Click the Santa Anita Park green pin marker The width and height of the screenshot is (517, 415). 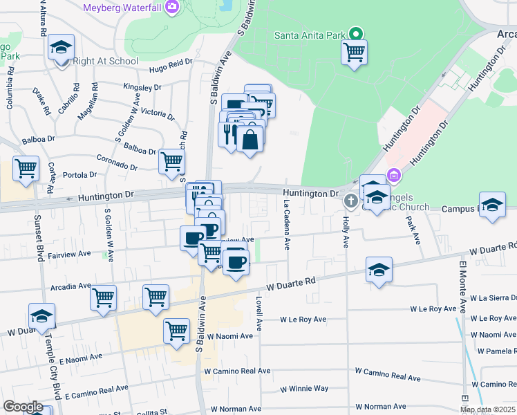click(x=355, y=33)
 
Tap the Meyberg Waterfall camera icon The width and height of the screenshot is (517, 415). click(x=172, y=8)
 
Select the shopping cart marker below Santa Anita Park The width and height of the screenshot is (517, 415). click(x=354, y=52)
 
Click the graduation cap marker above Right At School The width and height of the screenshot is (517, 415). click(x=62, y=48)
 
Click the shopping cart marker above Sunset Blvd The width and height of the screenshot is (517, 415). click(x=26, y=169)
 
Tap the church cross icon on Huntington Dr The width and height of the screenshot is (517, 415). click(x=350, y=201)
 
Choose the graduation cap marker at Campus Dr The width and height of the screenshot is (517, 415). click(x=492, y=205)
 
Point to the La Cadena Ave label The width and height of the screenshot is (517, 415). click(x=286, y=225)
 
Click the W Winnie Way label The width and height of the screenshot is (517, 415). click(x=304, y=389)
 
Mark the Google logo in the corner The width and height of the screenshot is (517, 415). click(x=23, y=407)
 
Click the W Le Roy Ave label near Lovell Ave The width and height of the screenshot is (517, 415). click(x=303, y=320)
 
